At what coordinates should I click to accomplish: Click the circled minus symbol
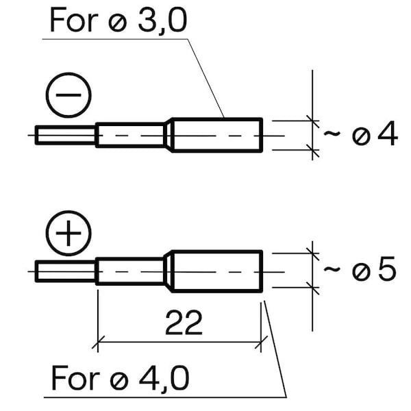click(x=68, y=95)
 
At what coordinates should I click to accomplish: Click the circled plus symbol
click(x=68, y=233)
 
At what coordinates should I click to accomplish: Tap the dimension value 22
click(x=184, y=323)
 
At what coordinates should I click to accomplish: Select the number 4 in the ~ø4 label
click(x=388, y=134)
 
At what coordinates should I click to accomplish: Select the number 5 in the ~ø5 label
click(x=387, y=269)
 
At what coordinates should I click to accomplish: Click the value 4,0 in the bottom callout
click(x=164, y=377)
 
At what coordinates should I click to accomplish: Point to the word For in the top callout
click(x=74, y=20)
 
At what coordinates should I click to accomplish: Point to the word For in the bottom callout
click(x=75, y=377)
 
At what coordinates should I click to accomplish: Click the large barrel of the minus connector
click(x=217, y=135)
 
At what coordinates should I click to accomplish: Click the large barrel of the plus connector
click(x=217, y=271)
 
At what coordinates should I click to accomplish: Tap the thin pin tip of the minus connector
click(x=66, y=135)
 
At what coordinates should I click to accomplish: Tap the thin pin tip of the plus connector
click(x=66, y=271)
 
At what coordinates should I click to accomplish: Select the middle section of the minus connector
click(x=130, y=135)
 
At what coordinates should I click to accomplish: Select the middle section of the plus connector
click(x=130, y=271)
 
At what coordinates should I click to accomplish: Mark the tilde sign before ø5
click(x=332, y=269)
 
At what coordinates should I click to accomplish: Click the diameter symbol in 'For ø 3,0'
click(x=118, y=23)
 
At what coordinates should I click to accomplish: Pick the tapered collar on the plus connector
click(x=169, y=271)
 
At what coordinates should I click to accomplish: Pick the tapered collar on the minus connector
click(x=169, y=135)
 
